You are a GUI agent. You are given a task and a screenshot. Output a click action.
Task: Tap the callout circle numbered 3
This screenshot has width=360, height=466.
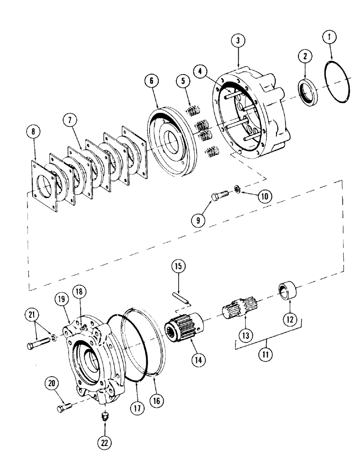(238, 41)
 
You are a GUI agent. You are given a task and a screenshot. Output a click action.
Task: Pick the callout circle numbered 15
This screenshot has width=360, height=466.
(180, 267)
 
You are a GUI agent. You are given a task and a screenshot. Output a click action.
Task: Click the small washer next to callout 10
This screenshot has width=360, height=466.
(238, 189)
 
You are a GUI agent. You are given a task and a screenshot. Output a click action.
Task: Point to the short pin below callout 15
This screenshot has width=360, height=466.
(180, 297)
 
